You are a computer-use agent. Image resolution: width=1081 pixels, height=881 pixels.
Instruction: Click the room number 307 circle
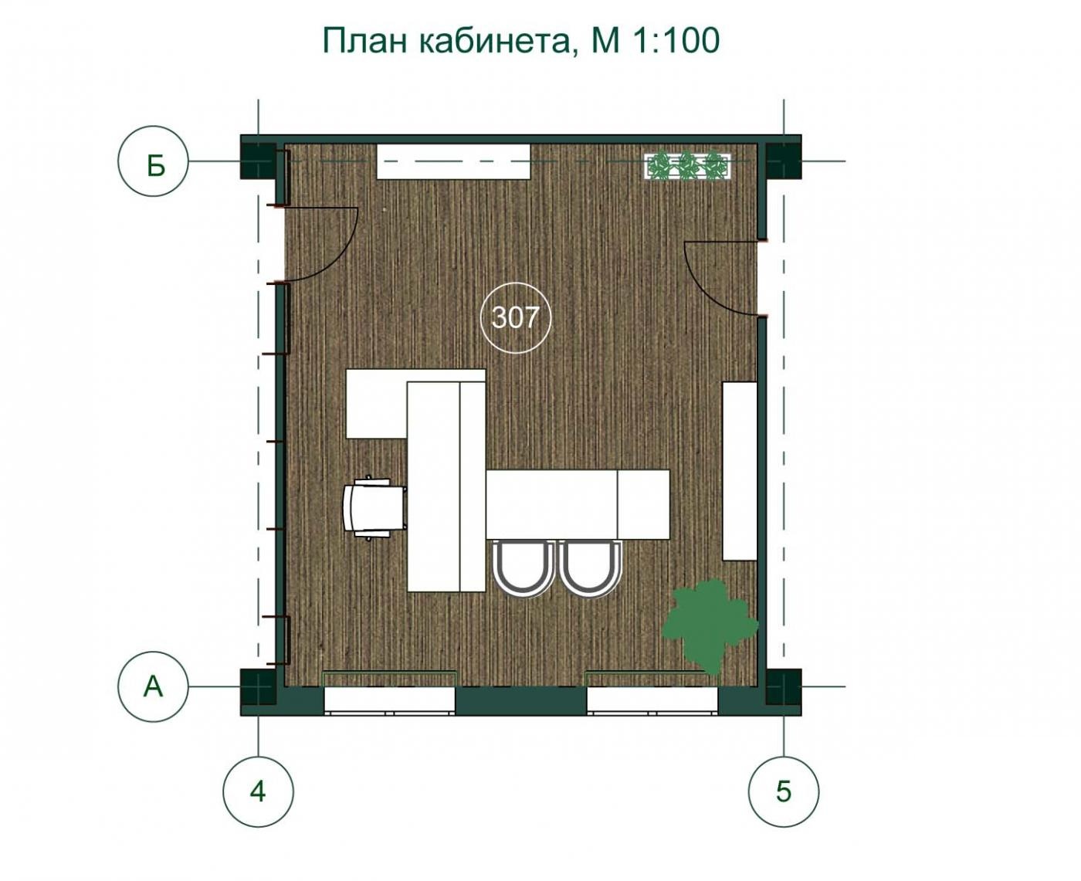(x=516, y=283)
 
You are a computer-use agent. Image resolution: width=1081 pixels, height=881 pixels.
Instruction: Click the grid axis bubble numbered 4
(x=259, y=791)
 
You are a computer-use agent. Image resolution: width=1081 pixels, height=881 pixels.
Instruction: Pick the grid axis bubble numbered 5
(x=784, y=791)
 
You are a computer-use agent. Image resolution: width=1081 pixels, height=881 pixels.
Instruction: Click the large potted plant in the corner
(x=710, y=627)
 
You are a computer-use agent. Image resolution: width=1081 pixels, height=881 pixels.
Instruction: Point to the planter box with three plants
(x=687, y=165)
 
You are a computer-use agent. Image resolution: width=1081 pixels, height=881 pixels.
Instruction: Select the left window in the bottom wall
(x=389, y=700)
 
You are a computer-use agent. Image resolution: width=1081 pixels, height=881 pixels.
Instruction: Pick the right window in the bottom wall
(x=652, y=700)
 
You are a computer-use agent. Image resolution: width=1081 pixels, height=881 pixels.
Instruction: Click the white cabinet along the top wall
(x=453, y=161)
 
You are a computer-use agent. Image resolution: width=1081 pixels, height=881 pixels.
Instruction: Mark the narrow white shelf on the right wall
(x=740, y=471)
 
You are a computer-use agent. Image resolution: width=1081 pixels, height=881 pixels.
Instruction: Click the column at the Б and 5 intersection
(x=783, y=161)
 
